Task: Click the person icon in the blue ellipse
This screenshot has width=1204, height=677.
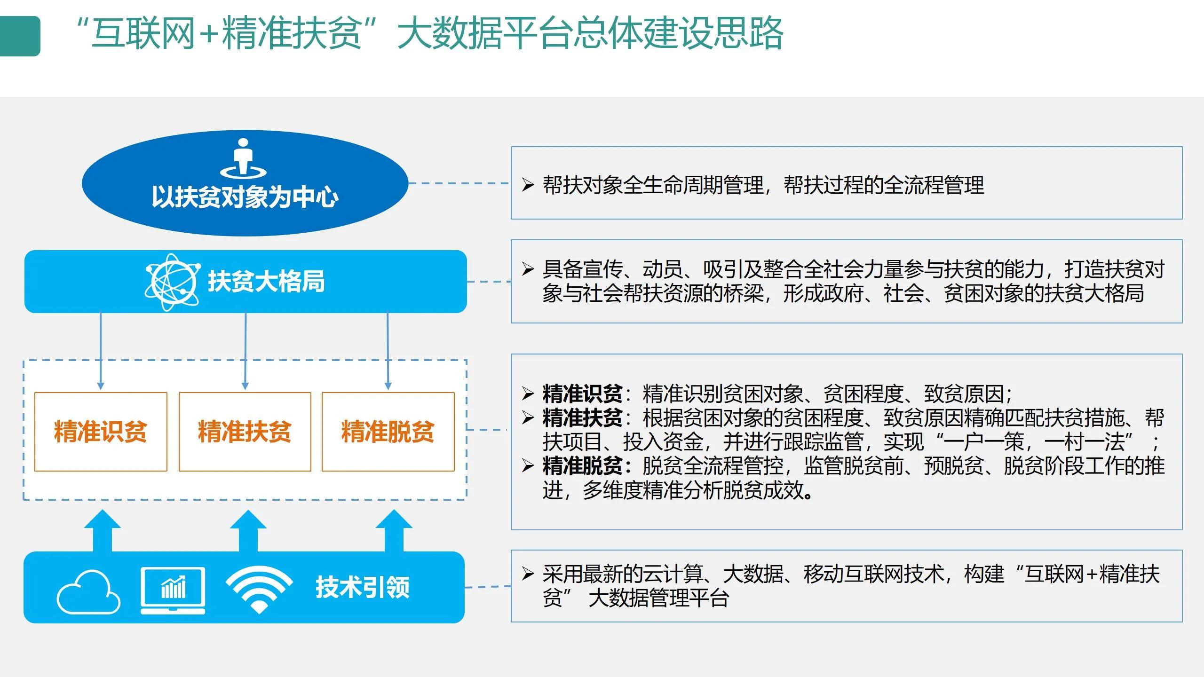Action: (243, 158)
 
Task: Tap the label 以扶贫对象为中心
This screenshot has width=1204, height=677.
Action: (245, 197)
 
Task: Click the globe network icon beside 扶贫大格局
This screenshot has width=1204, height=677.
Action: (172, 282)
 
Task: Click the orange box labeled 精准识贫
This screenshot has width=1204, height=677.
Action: (101, 432)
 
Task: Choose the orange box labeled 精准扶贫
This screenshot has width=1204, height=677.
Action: (245, 432)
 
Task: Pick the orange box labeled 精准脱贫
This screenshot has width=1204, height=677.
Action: (388, 432)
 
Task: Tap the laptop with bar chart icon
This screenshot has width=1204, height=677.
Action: (173, 590)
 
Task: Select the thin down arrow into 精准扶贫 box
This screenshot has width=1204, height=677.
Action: (245, 350)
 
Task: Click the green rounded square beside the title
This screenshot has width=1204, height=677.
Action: (20, 36)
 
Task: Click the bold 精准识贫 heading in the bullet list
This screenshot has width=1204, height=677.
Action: (582, 394)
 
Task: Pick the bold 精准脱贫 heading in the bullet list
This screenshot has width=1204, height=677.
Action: (582, 466)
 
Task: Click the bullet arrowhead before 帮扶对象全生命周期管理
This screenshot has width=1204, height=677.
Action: (528, 185)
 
